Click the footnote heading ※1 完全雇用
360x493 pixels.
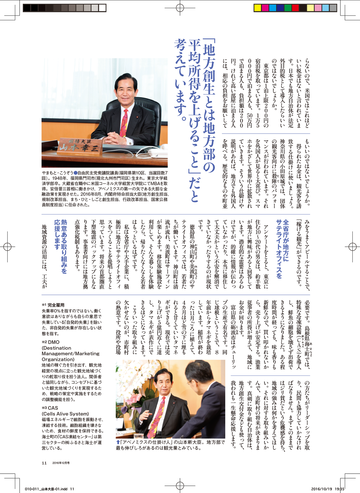click(x=53, y=305)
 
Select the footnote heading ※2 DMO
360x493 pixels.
click(x=51, y=342)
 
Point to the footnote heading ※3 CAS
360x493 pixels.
click(x=50, y=408)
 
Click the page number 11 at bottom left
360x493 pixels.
click(x=44, y=463)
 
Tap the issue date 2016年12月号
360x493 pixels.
click(x=61, y=463)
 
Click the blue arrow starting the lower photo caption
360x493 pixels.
click(x=118, y=442)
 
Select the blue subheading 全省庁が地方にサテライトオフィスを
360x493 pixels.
click(x=282, y=249)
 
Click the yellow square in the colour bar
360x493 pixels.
click(x=257, y=8)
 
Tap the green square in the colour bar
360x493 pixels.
click(x=288, y=8)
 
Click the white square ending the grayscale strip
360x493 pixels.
click(x=102, y=8)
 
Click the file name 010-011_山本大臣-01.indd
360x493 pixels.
click(x=46, y=489)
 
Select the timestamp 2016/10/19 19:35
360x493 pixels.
click(x=328, y=489)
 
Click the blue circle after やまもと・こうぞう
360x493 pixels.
click(x=75, y=173)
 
